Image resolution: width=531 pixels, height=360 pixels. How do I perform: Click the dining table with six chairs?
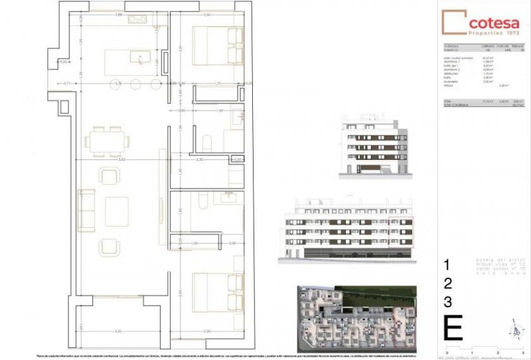pos(107,141)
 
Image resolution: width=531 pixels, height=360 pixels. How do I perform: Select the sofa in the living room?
pos(87,209)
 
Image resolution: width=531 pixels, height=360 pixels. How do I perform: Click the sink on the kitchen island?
pos(140,58)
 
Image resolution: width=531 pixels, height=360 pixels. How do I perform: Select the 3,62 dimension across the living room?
pos(121,160)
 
